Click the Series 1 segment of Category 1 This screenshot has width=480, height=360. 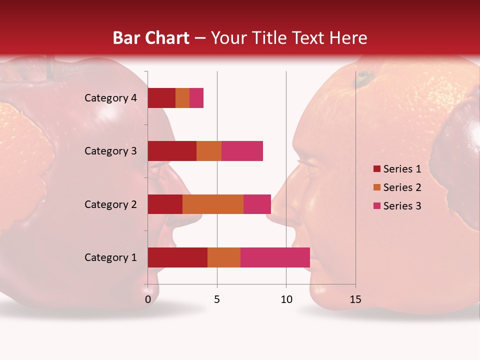coord(177,257)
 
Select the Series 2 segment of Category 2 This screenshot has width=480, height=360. coord(213,204)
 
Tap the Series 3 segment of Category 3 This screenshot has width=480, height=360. coord(242,151)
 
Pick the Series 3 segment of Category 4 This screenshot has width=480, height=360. coord(196,98)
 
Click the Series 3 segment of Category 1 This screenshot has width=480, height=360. coord(275,257)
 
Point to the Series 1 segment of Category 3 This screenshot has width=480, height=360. coord(172,151)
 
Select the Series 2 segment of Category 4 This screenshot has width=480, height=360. coord(182,98)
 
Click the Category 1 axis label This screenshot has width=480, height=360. coord(110,257)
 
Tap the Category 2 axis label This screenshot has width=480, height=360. coord(110,204)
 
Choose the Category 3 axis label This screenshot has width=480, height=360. coord(110,151)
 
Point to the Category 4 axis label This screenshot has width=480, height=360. coord(110,98)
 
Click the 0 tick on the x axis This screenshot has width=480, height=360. coord(148,299)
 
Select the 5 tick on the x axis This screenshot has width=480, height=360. coord(217,299)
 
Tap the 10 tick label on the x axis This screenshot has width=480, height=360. coord(286,299)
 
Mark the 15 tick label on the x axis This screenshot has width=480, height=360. coord(355,299)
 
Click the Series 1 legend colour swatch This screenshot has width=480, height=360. coord(376,169)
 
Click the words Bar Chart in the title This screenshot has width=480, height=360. coord(151,38)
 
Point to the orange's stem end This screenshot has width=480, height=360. coord(363,77)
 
